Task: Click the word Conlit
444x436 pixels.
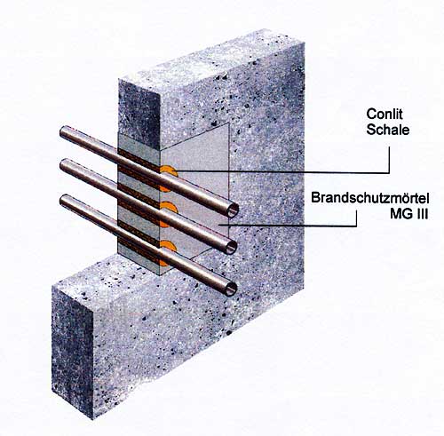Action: pos(385,115)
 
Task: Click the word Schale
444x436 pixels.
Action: pos(388,130)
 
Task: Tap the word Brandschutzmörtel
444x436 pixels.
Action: pos(370,198)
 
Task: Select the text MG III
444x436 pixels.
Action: pos(409,214)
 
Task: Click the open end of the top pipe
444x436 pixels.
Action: pos(233,210)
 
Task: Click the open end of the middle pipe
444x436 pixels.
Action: pos(232,247)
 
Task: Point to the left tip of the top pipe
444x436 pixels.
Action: pos(61,131)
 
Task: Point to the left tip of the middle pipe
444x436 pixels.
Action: pos(61,165)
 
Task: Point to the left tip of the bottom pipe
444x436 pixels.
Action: pos(61,201)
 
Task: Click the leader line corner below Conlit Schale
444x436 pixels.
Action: pos(389,172)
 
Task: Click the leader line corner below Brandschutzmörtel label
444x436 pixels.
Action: pos(356,226)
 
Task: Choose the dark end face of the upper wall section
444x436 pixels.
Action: pos(139,114)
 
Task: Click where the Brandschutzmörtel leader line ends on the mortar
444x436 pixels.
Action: pos(219,225)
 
